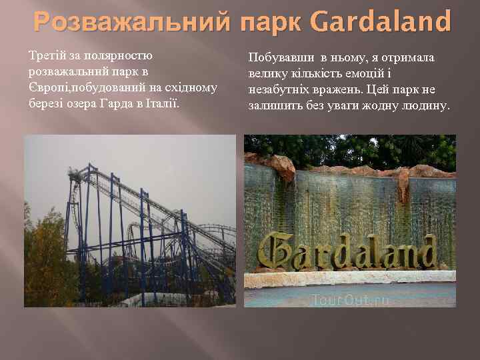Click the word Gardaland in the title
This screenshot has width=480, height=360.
click(x=381, y=22)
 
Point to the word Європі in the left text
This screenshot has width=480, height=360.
click(x=48, y=87)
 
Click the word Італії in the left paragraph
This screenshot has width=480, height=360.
click(x=163, y=104)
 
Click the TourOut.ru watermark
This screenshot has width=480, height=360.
click(x=350, y=300)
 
